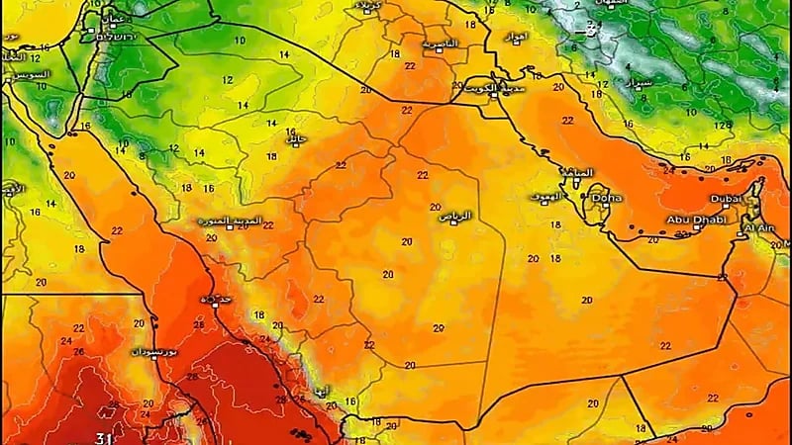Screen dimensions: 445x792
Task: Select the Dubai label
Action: point(724,198)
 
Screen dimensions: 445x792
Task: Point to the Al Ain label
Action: point(758,227)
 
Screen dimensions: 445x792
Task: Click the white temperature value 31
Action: point(103,437)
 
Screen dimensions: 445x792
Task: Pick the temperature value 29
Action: point(438,327)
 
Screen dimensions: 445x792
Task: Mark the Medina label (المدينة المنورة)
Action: point(238,219)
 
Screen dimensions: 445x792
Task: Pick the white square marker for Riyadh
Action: point(454,225)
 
